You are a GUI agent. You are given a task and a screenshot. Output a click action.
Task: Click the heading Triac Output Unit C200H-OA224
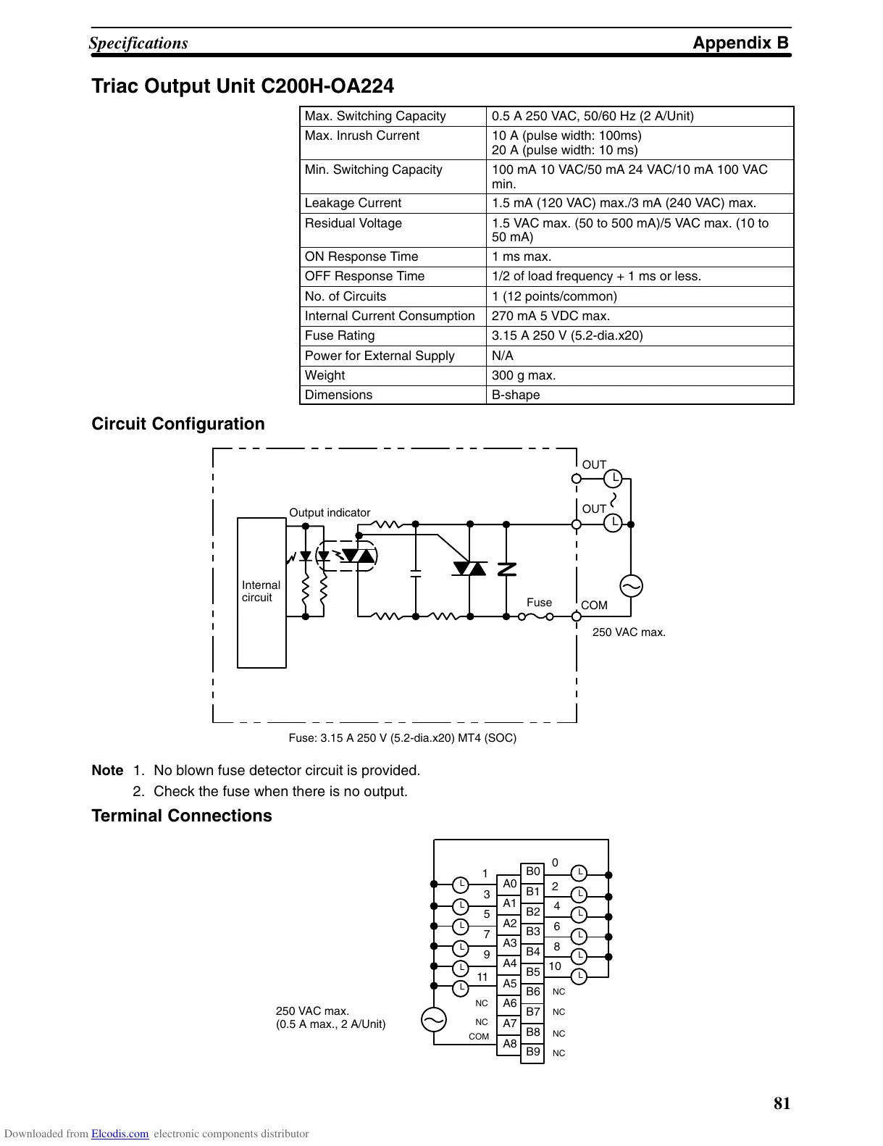pyautogui.click(x=243, y=86)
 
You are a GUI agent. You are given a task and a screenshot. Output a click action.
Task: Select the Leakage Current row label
pyautogui.click(x=353, y=204)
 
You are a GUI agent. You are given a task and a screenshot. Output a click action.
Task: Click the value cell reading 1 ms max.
pyautogui.click(x=522, y=256)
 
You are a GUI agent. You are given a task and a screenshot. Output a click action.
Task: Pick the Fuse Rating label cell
pyautogui.click(x=340, y=335)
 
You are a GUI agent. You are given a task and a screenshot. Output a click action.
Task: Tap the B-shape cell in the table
pyautogui.click(x=516, y=395)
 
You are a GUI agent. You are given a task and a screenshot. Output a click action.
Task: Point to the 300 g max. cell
pyautogui.click(x=524, y=375)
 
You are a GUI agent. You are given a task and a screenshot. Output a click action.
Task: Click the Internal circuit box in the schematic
pyautogui.click(x=261, y=592)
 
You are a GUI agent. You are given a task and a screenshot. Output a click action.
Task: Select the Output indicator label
pyautogui.click(x=330, y=513)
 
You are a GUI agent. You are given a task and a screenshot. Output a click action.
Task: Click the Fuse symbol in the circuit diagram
pyautogui.click(x=535, y=617)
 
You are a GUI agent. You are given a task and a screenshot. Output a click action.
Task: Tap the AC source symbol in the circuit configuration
pyautogui.click(x=631, y=586)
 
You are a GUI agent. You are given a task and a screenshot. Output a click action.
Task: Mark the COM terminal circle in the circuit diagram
pyautogui.click(x=577, y=616)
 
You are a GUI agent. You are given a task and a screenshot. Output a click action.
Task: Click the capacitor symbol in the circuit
pyautogui.click(x=416, y=574)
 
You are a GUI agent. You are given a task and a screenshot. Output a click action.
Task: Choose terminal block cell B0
pyautogui.click(x=533, y=871)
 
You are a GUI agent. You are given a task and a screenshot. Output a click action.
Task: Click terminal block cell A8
pyautogui.click(x=510, y=1044)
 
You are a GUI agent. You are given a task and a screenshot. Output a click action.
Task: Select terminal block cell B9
pyautogui.click(x=533, y=1052)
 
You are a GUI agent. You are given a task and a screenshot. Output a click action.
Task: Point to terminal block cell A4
pyautogui.click(x=510, y=963)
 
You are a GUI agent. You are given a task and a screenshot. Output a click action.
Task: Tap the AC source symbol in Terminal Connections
pyautogui.click(x=434, y=1020)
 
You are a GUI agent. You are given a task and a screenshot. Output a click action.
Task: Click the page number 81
pyautogui.click(x=782, y=1103)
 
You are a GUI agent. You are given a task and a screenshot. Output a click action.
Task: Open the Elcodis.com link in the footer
pyautogui.click(x=120, y=1134)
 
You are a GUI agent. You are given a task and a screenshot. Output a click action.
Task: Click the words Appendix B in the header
pyautogui.click(x=740, y=43)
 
